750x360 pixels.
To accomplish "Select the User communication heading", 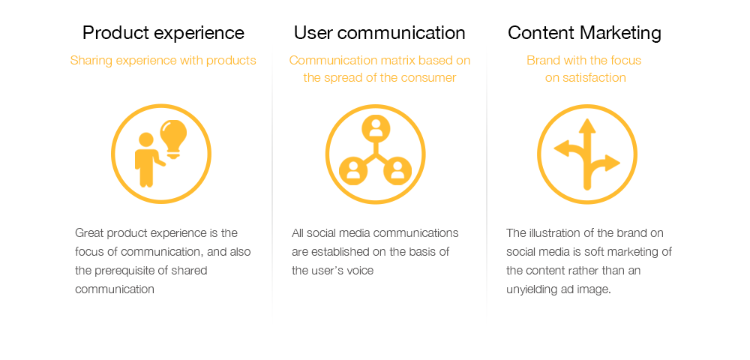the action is point(379,33).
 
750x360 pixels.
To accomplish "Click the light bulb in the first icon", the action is point(172,139).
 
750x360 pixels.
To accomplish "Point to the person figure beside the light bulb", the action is point(147,160).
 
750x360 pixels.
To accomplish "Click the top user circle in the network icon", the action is point(376,128).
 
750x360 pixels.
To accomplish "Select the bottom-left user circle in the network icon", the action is point(353,171).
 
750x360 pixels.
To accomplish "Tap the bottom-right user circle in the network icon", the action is point(398,171).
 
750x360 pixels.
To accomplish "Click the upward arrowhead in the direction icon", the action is point(587,125).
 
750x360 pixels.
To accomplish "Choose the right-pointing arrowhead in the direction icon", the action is point(613,163).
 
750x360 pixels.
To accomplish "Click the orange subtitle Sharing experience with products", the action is point(163,61).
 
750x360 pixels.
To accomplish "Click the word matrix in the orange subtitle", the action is point(387,61).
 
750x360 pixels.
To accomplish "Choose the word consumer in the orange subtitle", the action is point(433,77).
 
